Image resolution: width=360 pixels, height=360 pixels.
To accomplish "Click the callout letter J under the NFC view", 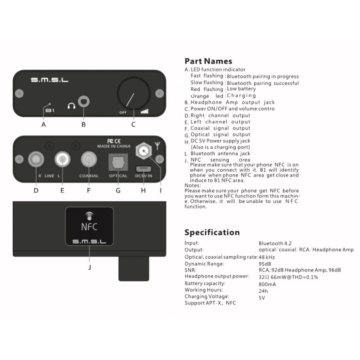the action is click(89, 267).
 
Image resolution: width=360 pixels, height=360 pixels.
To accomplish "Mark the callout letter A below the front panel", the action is click(44, 125).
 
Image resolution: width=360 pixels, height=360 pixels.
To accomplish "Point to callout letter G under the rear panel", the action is click(118, 191).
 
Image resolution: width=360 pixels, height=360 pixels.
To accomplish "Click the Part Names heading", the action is click(208, 61).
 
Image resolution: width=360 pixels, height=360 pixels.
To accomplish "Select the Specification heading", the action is click(212, 232).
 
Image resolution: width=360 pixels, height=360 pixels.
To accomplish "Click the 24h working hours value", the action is click(263, 291).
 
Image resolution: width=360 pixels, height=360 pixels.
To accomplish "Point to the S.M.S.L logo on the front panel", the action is click(49, 80).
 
